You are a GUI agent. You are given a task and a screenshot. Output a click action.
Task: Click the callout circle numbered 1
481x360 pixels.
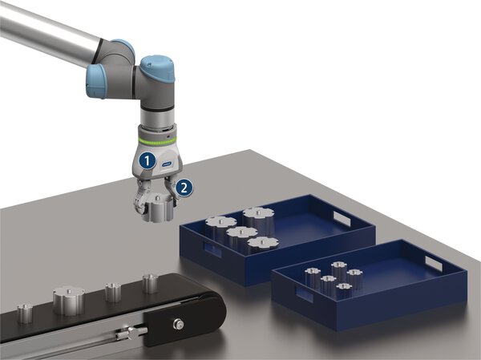tap(146, 160)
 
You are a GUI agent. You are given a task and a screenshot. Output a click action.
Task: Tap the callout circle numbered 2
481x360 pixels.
tap(184, 188)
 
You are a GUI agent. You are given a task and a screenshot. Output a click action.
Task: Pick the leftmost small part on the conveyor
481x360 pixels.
tap(26, 312)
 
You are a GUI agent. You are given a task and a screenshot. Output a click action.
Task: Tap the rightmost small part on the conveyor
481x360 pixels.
tap(150, 282)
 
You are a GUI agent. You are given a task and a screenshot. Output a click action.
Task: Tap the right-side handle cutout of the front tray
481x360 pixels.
tap(433, 262)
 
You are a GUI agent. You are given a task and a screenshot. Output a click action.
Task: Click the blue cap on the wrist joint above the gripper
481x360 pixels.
tap(156, 64)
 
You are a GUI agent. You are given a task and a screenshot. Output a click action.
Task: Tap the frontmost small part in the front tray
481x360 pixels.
tap(345, 290)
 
